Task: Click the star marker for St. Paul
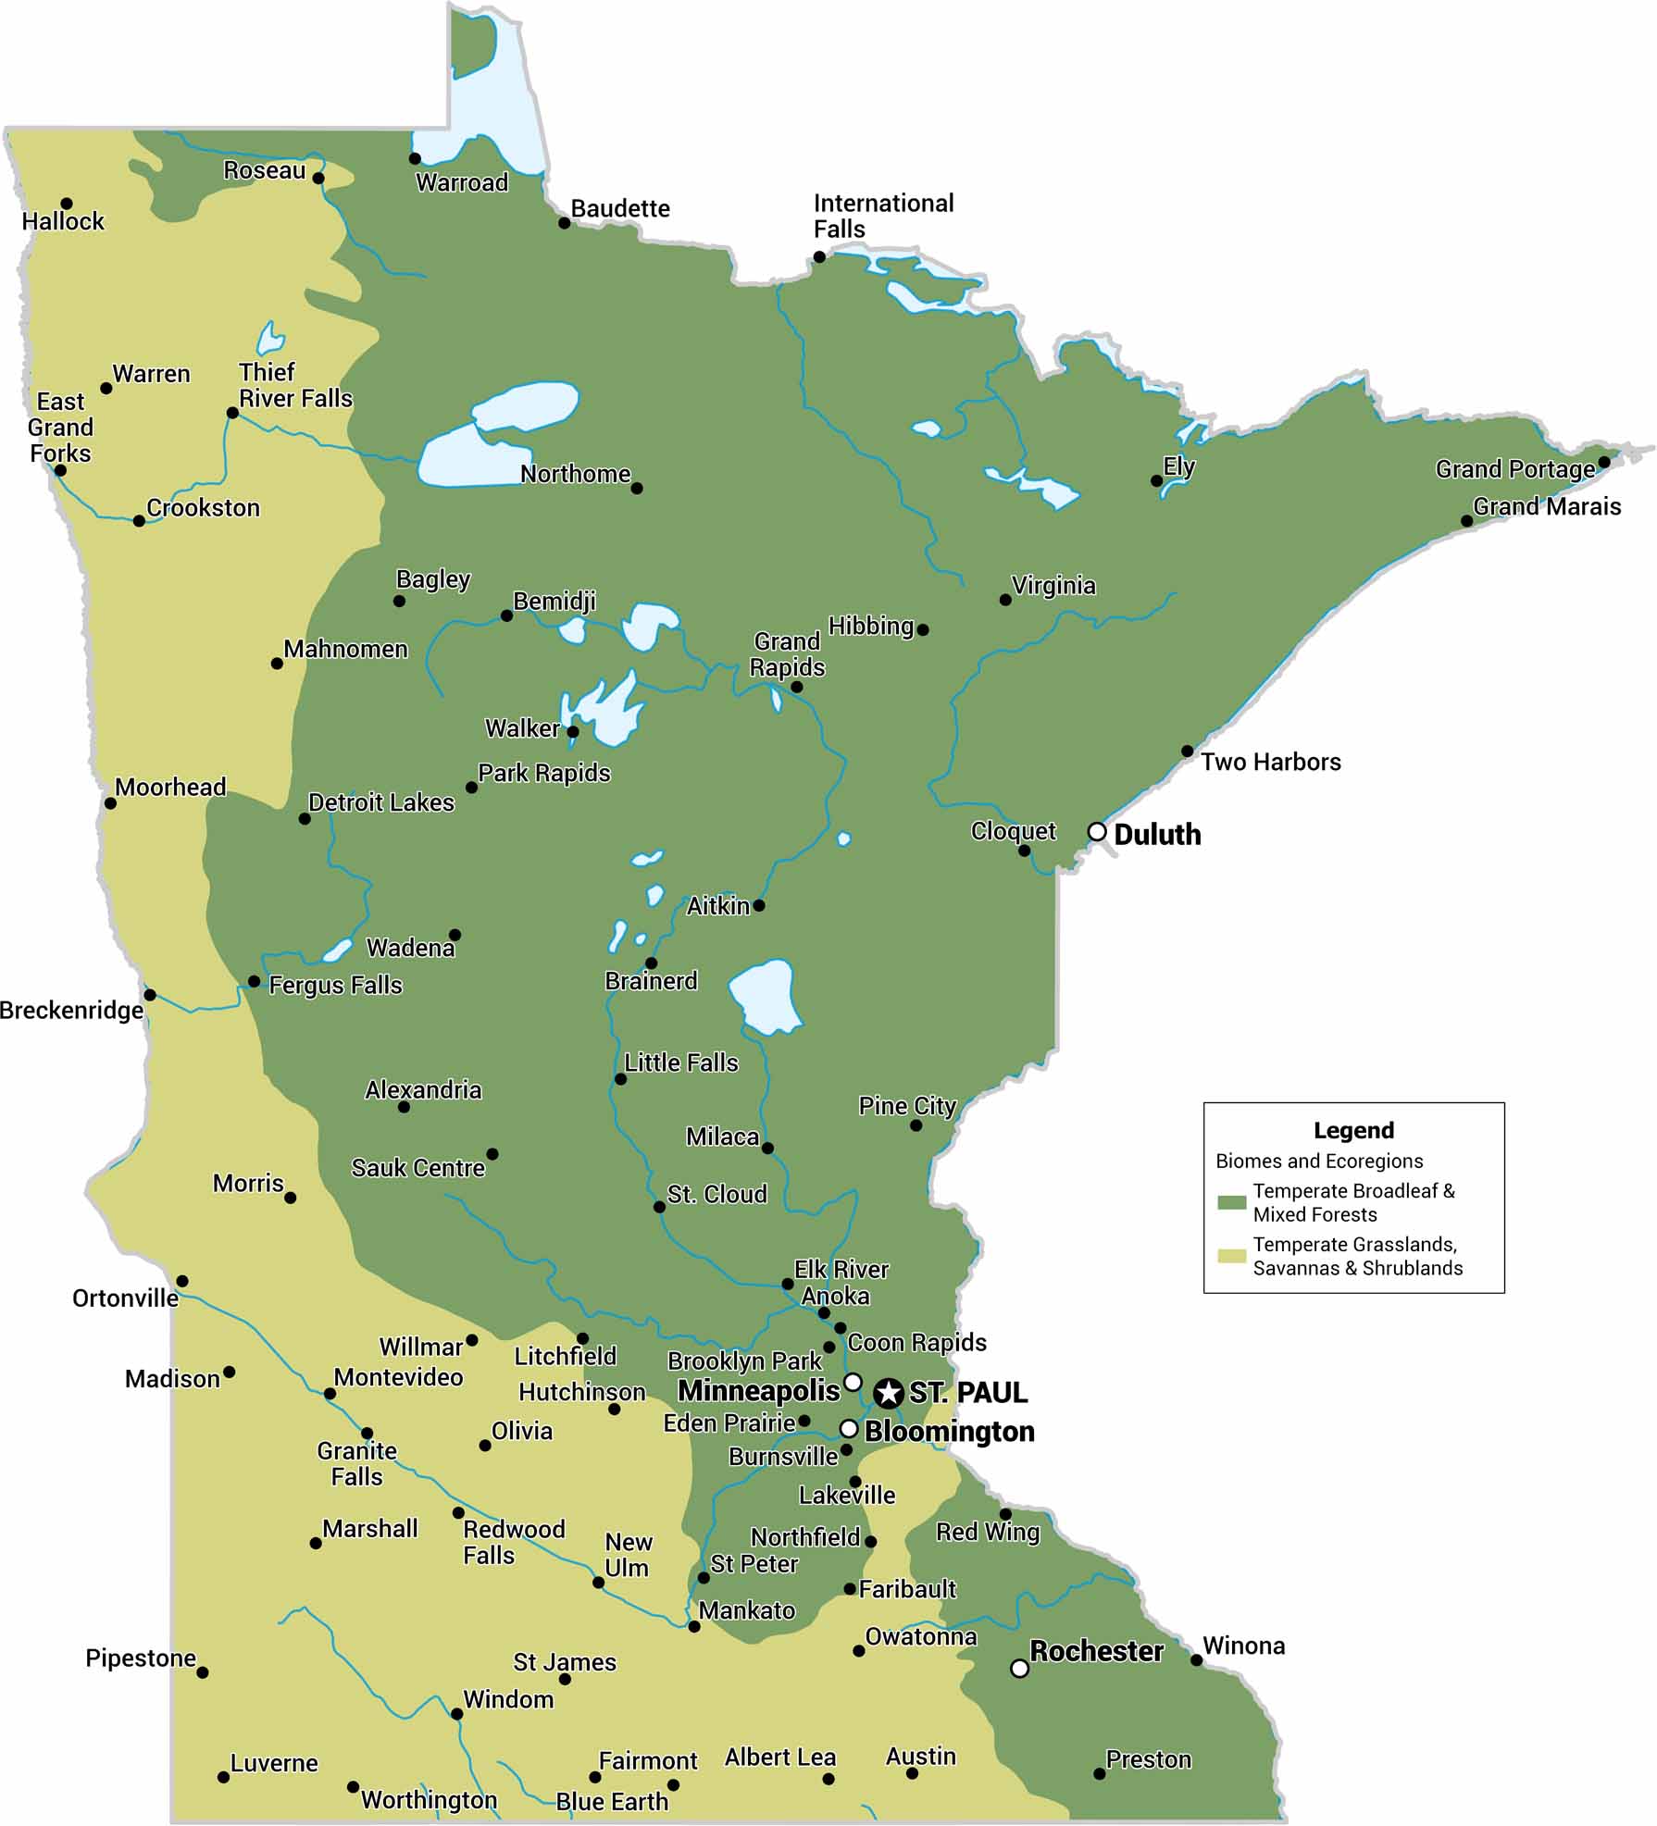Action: pyautogui.click(x=888, y=1392)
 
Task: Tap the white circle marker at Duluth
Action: pyautogui.click(x=1097, y=831)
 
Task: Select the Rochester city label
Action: pyautogui.click(x=1096, y=1651)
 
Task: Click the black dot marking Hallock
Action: pyautogui.click(x=67, y=204)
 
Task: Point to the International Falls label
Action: pyautogui.click(x=883, y=216)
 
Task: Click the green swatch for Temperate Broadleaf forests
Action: pyautogui.click(x=1231, y=1201)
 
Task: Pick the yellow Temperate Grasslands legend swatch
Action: pyautogui.click(x=1231, y=1256)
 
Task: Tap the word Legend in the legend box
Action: pyautogui.click(x=1353, y=1130)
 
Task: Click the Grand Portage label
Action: pyautogui.click(x=1514, y=469)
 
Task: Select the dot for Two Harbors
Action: pyautogui.click(x=1187, y=751)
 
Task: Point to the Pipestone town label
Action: pyautogui.click(x=141, y=1658)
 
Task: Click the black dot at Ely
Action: pyautogui.click(x=1156, y=480)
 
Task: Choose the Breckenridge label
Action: pyautogui.click(x=71, y=1010)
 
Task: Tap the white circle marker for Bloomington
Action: pyautogui.click(x=848, y=1428)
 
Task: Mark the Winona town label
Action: pyautogui.click(x=1243, y=1646)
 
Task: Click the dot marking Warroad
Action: pyautogui.click(x=415, y=158)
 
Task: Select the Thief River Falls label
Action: pyautogui.click(x=294, y=385)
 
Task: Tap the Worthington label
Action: pyautogui.click(x=429, y=1799)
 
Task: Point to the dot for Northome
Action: pyautogui.click(x=636, y=488)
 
